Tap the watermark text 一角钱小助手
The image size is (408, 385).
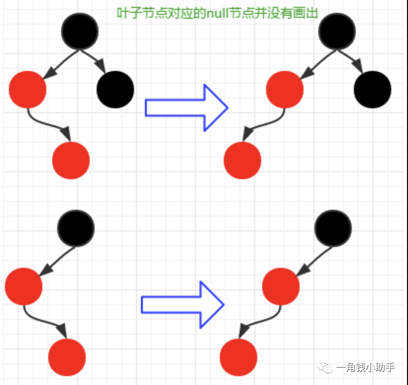point(366,368)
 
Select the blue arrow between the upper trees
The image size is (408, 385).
point(186,107)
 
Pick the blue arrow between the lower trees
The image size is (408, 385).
point(182,305)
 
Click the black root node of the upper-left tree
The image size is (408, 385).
point(80,31)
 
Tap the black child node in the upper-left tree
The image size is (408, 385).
point(115,90)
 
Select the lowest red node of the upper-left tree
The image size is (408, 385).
point(71,160)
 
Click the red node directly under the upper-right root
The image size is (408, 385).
point(285,90)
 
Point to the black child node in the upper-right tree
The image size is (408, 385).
point(373,90)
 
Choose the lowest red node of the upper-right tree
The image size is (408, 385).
point(242,160)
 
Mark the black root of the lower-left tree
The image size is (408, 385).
point(76,228)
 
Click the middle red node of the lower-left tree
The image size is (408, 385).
point(24,287)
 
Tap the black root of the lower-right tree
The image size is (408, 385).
point(333,228)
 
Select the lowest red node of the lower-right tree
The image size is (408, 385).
point(238,357)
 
